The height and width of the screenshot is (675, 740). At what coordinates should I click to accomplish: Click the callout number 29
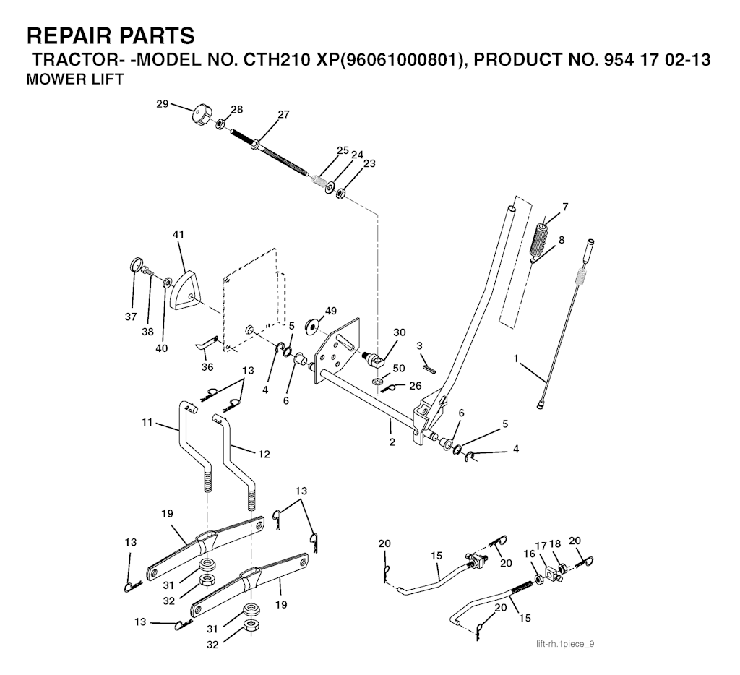click(163, 104)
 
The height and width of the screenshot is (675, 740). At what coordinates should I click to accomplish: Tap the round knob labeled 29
click(202, 116)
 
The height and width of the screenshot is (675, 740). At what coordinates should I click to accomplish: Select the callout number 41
click(179, 234)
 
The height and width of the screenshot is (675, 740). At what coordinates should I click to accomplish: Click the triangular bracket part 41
click(184, 289)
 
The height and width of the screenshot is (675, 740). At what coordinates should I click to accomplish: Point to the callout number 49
click(331, 311)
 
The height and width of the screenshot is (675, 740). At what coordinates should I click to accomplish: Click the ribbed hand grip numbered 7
click(539, 238)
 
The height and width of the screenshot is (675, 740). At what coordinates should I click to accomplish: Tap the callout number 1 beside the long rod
click(516, 358)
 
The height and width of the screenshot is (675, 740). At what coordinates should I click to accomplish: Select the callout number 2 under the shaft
click(392, 442)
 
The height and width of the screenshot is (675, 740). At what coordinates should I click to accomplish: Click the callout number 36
click(207, 366)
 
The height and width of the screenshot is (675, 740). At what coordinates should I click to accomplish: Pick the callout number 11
click(147, 422)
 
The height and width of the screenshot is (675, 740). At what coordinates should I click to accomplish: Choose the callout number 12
click(264, 454)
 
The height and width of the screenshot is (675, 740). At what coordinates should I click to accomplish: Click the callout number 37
click(131, 317)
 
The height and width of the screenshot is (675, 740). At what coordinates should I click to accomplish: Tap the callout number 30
click(399, 332)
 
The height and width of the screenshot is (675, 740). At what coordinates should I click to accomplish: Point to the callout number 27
click(283, 114)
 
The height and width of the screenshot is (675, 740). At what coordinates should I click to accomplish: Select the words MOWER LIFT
click(74, 79)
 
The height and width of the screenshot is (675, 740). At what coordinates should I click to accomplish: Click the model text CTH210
click(275, 61)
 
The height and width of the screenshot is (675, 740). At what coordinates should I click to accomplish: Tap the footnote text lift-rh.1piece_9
click(565, 644)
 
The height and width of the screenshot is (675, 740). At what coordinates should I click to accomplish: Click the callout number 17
click(541, 546)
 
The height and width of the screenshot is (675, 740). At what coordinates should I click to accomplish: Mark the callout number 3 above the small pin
click(419, 346)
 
